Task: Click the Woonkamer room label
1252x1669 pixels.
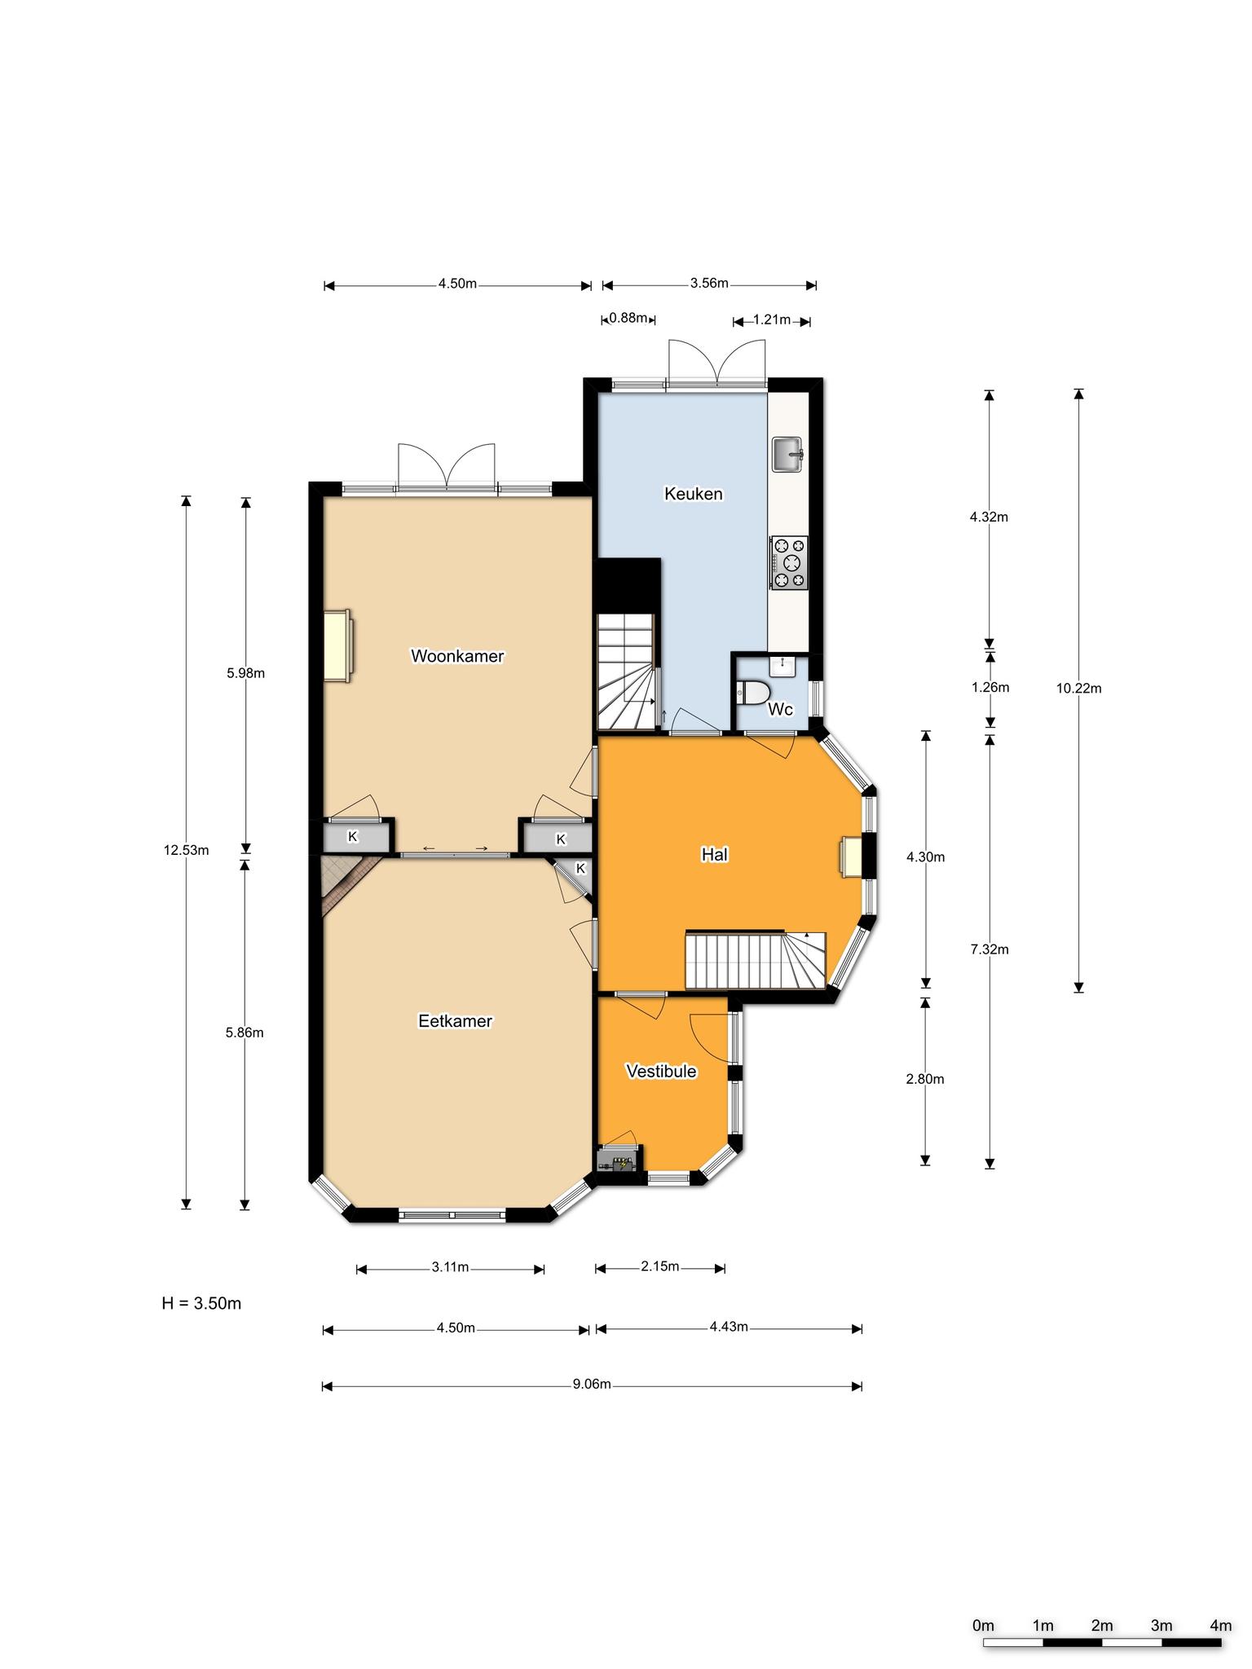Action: coord(457,656)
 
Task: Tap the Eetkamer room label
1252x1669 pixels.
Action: coord(455,1021)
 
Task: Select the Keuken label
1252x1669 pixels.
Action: coord(694,494)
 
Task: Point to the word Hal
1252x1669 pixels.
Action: coord(714,854)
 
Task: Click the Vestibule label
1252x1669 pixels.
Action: coord(661,1071)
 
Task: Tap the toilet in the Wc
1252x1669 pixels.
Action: coord(753,693)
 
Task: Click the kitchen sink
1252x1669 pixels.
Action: coord(788,454)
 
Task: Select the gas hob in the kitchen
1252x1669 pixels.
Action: coord(788,562)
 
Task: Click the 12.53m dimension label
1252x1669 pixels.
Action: coord(186,851)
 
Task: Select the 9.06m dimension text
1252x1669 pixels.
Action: coord(593,1385)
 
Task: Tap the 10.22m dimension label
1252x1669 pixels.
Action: coord(1078,688)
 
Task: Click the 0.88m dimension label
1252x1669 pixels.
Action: coord(629,318)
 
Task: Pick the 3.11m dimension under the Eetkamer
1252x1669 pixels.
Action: coord(450,1266)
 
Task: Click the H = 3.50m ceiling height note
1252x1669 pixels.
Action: coord(201,1303)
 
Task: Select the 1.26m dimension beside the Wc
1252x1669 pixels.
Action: coord(990,687)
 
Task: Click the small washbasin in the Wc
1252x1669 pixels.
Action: coord(782,667)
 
